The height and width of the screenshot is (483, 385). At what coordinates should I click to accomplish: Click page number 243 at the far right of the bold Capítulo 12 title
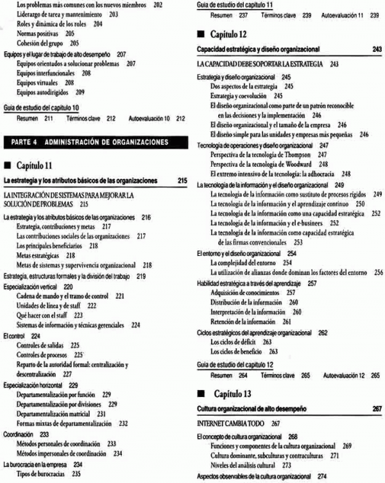376,49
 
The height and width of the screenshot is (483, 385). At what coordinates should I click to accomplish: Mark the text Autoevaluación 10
150,118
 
